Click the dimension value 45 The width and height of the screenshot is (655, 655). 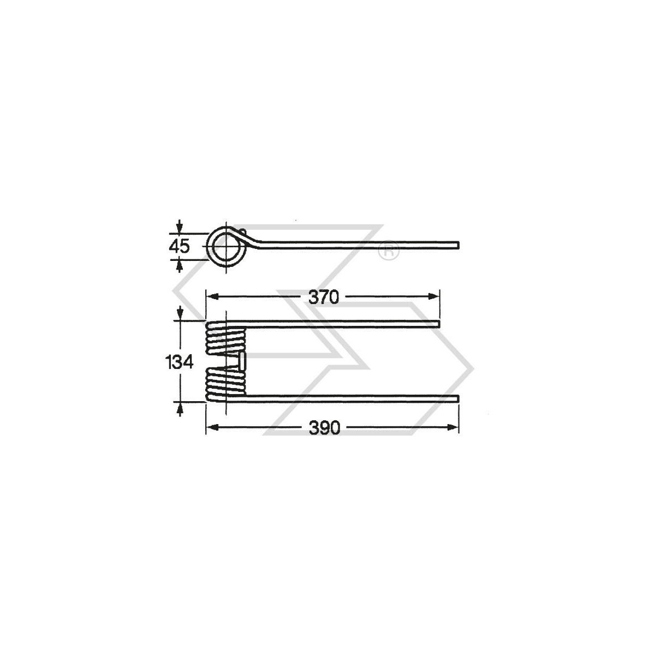(179, 247)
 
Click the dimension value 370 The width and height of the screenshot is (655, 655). (324, 297)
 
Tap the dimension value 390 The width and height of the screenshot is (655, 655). (325, 428)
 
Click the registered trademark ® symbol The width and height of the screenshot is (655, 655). (389, 251)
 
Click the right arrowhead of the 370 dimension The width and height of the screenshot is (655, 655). (436, 296)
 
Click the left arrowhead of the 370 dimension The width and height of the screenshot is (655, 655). (211, 296)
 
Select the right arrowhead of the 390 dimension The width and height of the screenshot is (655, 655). (455, 427)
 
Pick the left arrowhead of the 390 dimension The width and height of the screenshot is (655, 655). (211, 427)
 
